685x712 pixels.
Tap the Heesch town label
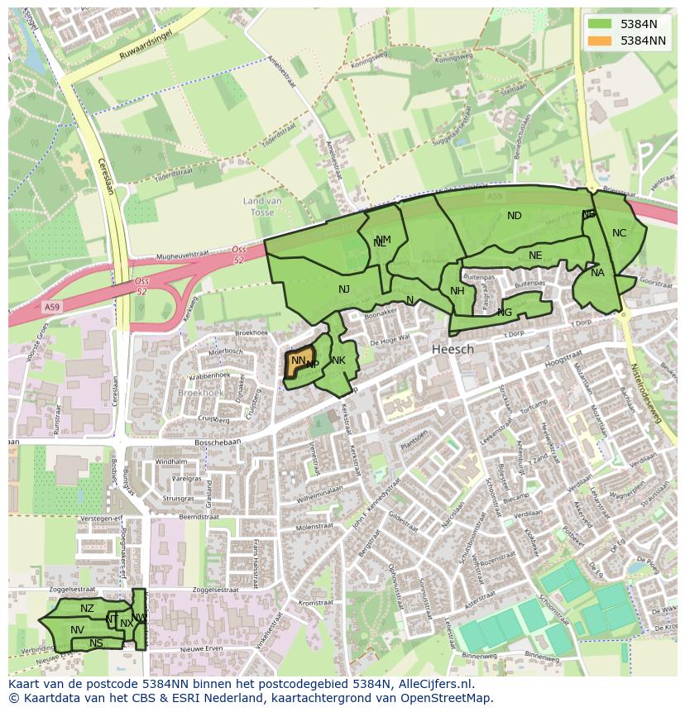click(453, 350)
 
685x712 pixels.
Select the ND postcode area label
click(515, 216)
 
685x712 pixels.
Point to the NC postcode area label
click(619, 233)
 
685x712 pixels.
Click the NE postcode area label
click(535, 256)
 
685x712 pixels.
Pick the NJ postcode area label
click(344, 289)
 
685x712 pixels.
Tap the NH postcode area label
click(457, 290)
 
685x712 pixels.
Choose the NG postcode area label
click(505, 313)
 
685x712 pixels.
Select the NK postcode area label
click(338, 361)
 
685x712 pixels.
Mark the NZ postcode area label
click(87, 609)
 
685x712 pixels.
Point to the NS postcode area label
click(96, 643)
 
